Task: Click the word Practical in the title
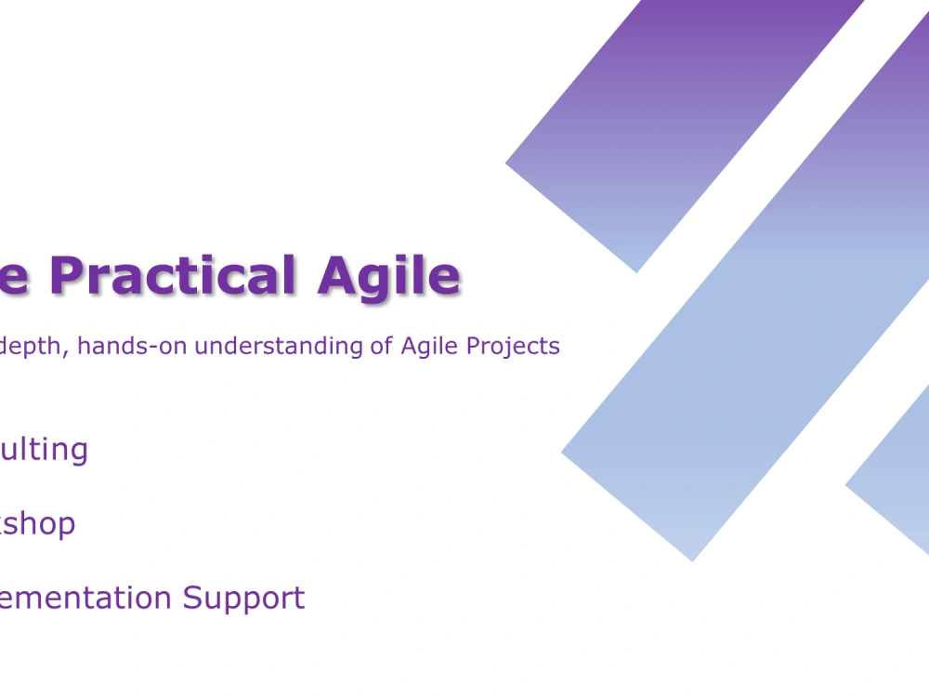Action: point(175,277)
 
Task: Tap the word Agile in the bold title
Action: point(388,277)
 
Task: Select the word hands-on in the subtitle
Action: point(133,347)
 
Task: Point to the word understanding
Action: point(281,347)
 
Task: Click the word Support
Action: point(243,598)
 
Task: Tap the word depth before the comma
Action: point(34,347)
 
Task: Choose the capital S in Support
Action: point(192,598)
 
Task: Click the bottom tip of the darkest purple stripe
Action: point(636,270)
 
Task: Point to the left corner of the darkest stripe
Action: point(507,164)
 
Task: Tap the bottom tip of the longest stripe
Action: point(692,559)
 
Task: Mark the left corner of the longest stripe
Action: point(563,453)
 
